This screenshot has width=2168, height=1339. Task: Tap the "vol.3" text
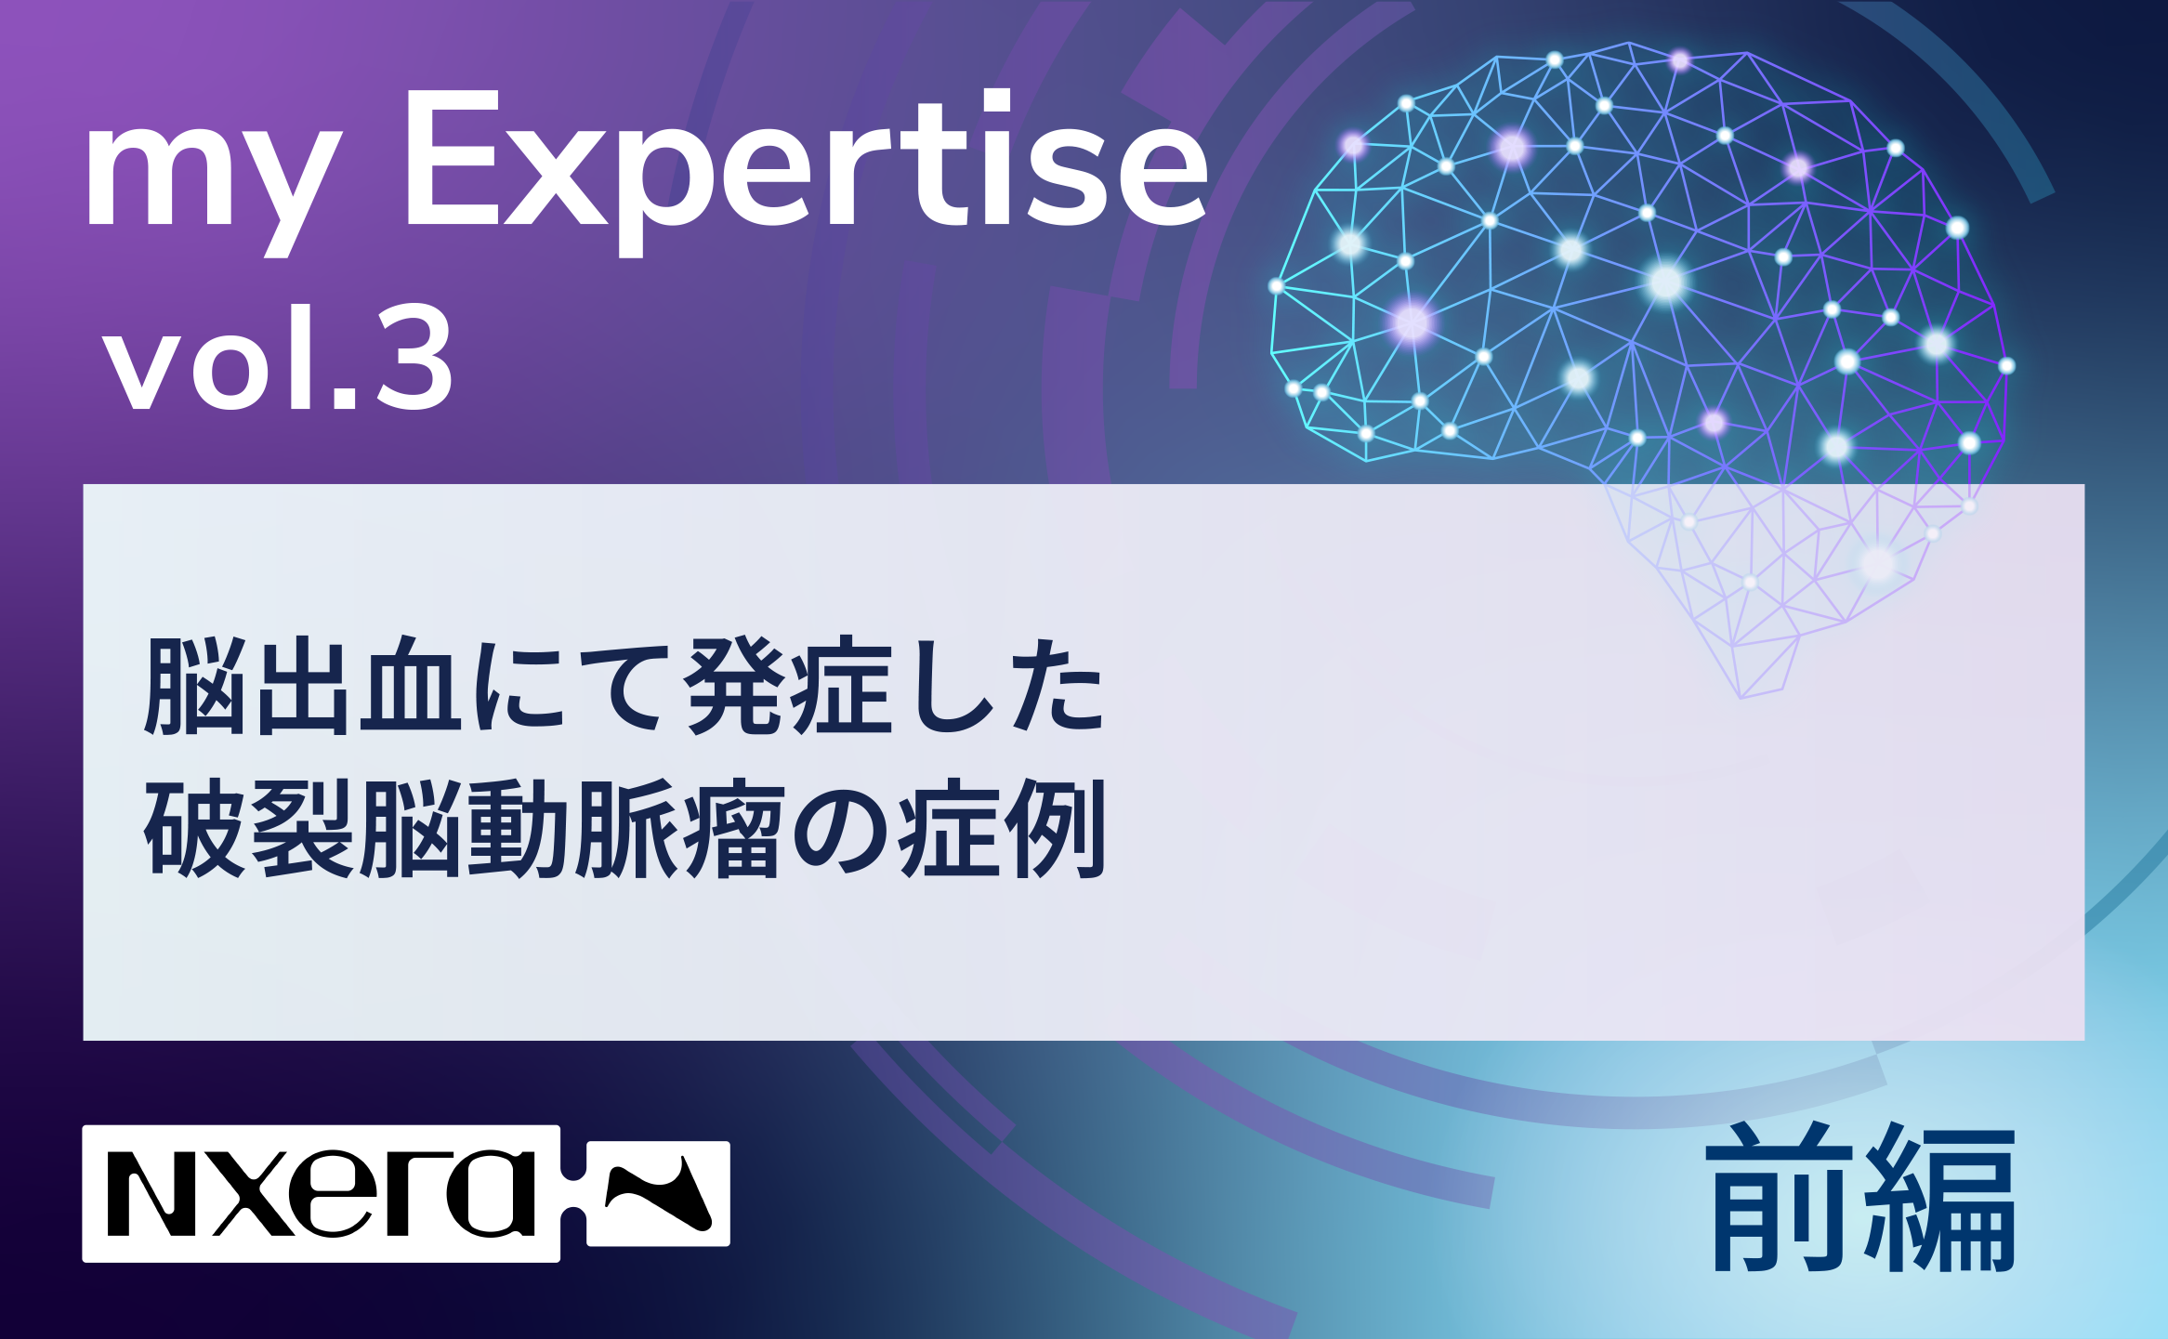279,358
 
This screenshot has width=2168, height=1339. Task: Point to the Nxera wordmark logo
321,1193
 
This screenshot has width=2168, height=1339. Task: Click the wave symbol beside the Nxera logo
658,1193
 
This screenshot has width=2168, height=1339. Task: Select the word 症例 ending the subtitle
1003,828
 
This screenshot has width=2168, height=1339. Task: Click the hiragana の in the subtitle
842,830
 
